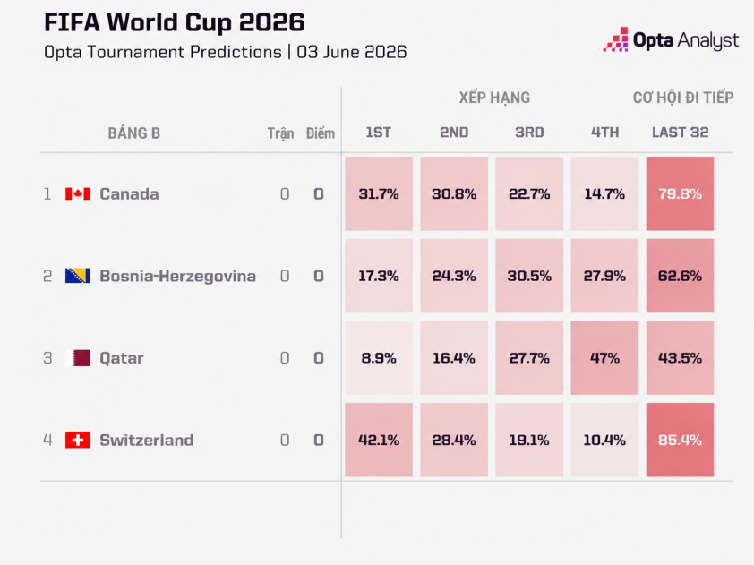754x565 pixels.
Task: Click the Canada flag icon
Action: point(78,193)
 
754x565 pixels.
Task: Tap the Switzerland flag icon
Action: point(78,440)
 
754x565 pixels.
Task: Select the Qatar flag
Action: point(78,358)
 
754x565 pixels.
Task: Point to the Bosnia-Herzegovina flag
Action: point(78,276)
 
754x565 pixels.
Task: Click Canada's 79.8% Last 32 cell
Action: point(680,193)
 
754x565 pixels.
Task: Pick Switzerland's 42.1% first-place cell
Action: point(379,440)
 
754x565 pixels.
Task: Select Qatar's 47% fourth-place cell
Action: point(605,358)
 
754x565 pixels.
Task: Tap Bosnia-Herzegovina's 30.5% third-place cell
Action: point(529,276)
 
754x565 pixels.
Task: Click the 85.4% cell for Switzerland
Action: point(680,440)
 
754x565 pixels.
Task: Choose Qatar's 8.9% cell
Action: point(379,358)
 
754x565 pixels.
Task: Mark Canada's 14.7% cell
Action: point(605,193)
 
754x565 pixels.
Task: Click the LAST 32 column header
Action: point(680,133)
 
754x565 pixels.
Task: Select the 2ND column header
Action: point(454,133)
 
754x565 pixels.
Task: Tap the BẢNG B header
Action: point(133,133)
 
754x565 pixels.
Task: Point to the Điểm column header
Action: point(321,133)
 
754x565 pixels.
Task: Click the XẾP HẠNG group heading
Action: point(494,97)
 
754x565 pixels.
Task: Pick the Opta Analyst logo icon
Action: point(616,39)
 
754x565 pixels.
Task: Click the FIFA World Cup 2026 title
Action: point(174,22)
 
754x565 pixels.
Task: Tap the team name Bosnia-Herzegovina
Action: point(177,277)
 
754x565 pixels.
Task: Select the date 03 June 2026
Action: point(352,52)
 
